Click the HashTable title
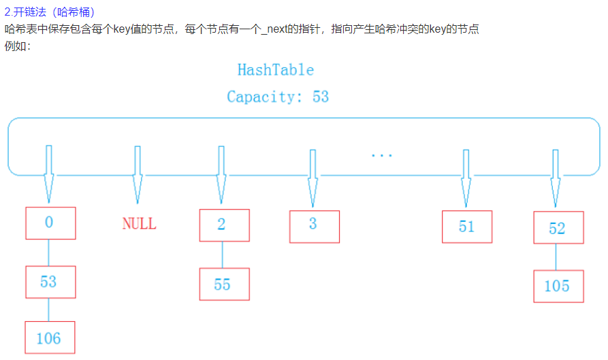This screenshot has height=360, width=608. pos(275,70)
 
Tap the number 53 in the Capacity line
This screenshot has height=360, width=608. pos(321,97)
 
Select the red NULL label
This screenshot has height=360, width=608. pos(139,223)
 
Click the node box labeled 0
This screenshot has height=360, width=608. pos(50,223)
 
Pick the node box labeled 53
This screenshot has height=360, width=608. pos(50,282)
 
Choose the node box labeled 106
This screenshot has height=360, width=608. pos(50,338)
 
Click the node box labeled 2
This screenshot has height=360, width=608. pos(224,225)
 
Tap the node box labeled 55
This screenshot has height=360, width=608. pos(224,284)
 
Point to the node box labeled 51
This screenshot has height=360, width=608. pos(466,227)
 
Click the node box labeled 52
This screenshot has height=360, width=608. pos(558,228)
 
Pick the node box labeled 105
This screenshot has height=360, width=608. pos(558,286)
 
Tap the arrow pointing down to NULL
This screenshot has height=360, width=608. pos(138,174)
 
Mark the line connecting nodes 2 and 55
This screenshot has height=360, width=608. pos(223,255)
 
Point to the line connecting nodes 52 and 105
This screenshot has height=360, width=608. pos(557,257)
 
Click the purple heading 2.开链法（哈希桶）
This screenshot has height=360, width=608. pos(50,12)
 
